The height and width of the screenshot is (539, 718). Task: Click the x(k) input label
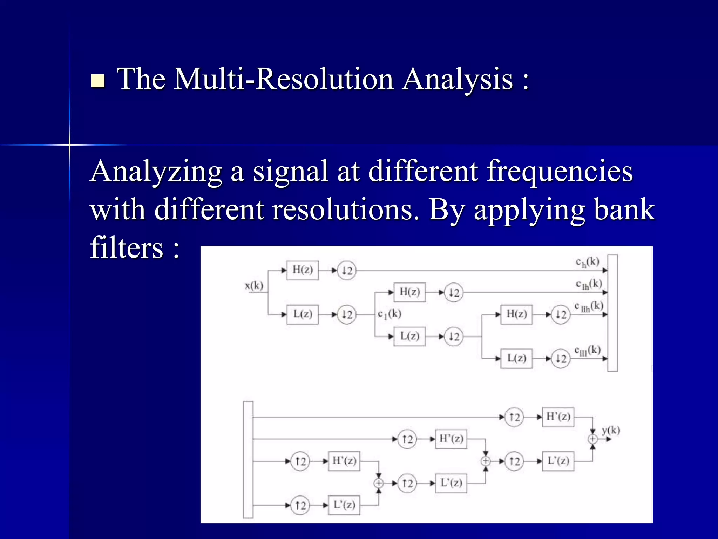click(x=254, y=286)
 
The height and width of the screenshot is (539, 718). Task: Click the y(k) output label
click(x=611, y=430)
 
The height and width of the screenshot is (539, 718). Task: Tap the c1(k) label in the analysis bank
click(x=389, y=314)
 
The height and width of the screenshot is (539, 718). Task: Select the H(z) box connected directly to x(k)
click(x=303, y=270)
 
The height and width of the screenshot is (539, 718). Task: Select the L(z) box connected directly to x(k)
click(x=303, y=314)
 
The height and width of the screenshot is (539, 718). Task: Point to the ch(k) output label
click(x=588, y=262)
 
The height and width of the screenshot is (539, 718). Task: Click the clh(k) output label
click(x=589, y=284)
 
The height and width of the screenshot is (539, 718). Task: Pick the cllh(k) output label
click(x=589, y=306)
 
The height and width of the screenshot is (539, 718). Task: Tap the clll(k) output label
click(x=588, y=351)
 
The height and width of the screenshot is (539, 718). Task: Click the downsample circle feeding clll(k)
click(x=561, y=359)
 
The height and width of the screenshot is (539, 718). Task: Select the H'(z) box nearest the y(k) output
click(x=558, y=417)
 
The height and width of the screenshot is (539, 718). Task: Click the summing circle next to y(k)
click(x=592, y=439)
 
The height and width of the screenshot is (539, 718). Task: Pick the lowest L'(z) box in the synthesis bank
click(x=344, y=505)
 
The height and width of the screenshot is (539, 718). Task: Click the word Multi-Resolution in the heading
click(x=284, y=79)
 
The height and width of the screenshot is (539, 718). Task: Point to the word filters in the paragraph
click(x=127, y=248)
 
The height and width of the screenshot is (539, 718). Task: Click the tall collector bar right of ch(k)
click(x=612, y=313)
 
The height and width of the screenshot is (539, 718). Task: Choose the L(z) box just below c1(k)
click(x=409, y=337)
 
